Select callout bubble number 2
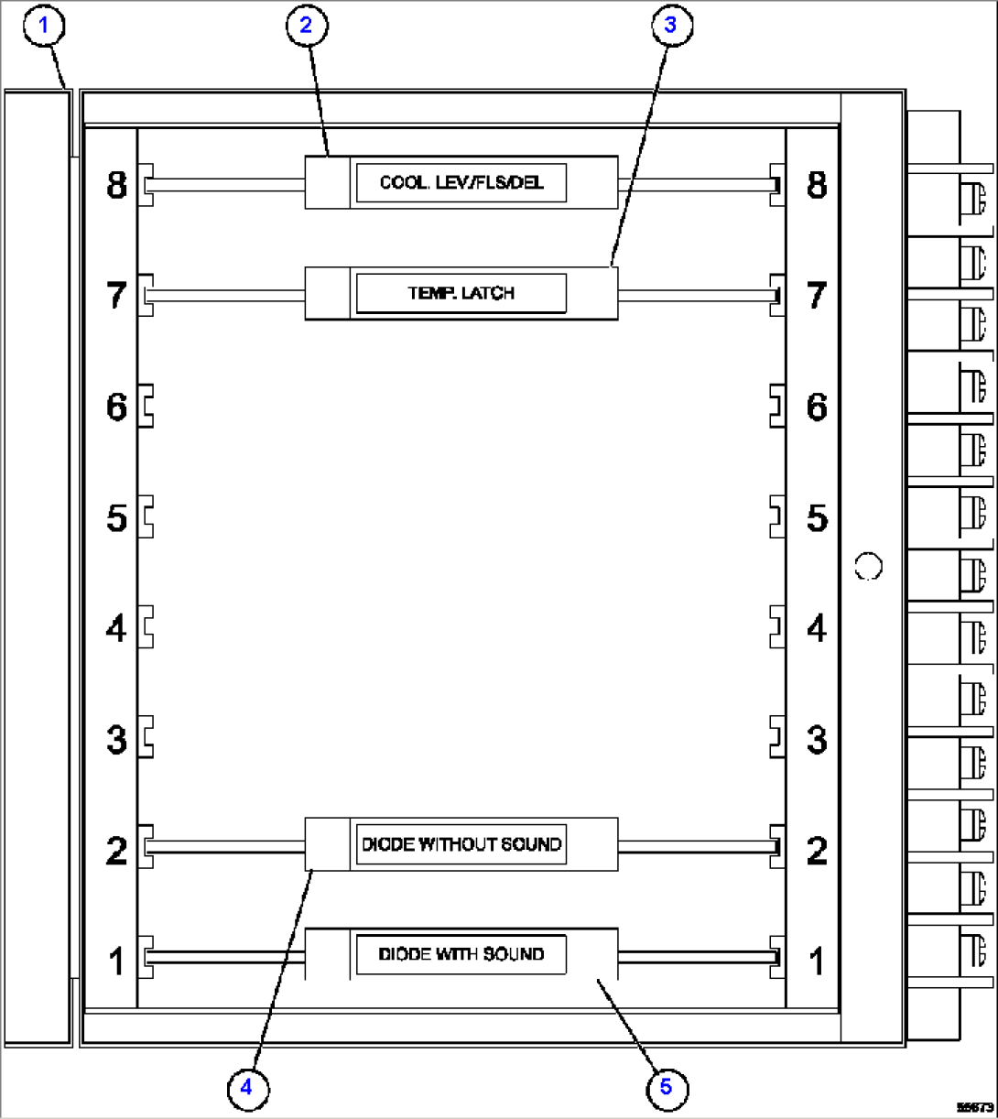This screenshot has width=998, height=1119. [x=306, y=25]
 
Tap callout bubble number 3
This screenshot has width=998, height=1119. [x=669, y=25]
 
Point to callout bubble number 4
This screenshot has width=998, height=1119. [x=245, y=1087]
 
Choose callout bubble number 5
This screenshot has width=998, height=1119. [x=666, y=1087]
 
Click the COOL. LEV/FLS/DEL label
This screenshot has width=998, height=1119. [x=461, y=183]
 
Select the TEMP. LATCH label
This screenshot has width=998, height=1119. [x=461, y=294]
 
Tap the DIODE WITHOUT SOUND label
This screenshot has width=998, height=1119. [x=461, y=844]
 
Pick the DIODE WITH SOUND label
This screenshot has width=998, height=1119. [x=461, y=954]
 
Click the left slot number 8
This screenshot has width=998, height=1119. [x=116, y=186]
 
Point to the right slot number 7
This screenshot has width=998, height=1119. [x=817, y=296]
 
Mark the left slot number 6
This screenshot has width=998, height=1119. [x=116, y=407]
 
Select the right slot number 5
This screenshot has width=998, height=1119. [x=817, y=519]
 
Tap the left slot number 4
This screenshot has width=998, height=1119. [x=116, y=630]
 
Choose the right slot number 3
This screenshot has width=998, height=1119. [x=817, y=740]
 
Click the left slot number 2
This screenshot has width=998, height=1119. [x=116, y=852]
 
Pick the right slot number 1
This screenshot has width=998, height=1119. [x=817, y=961]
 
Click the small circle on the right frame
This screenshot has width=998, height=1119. [x=867, y=566]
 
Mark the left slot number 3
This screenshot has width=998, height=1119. [x=116, y=740]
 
